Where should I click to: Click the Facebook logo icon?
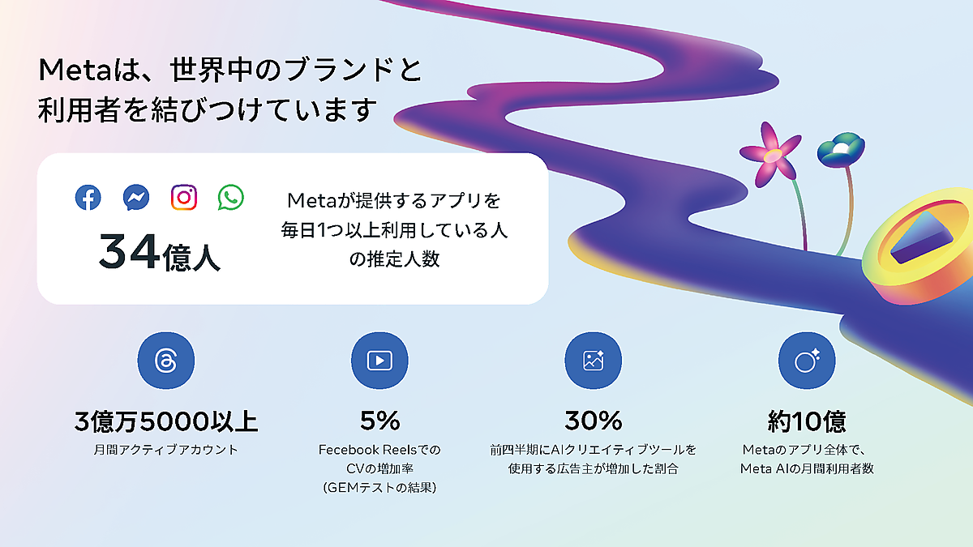[x=88, y=198]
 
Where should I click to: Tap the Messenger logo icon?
[x=136, y=198]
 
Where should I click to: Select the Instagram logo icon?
[x=184, y=198]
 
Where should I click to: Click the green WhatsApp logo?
[x=230, y=198]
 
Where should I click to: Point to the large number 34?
[x=129, y=251]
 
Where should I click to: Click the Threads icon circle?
[x=166, y=361]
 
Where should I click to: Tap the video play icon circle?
[x=379, y=361]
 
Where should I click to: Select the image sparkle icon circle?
[x=594, y=361]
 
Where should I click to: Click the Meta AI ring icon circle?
[x=807, y=361]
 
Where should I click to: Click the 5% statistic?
[x=380, y=421]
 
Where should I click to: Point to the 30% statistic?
[x=594, y=421]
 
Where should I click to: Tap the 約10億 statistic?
[x=807, y=421]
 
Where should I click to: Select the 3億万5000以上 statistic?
[x=166, y=421]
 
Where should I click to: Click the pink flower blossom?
[x=771, y=155]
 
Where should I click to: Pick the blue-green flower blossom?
[x=841, y=150]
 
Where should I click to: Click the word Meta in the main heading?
[x=75, y=70]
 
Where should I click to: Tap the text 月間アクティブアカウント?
[x=166, y=449]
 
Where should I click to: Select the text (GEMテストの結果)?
[x=379, y=488]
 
